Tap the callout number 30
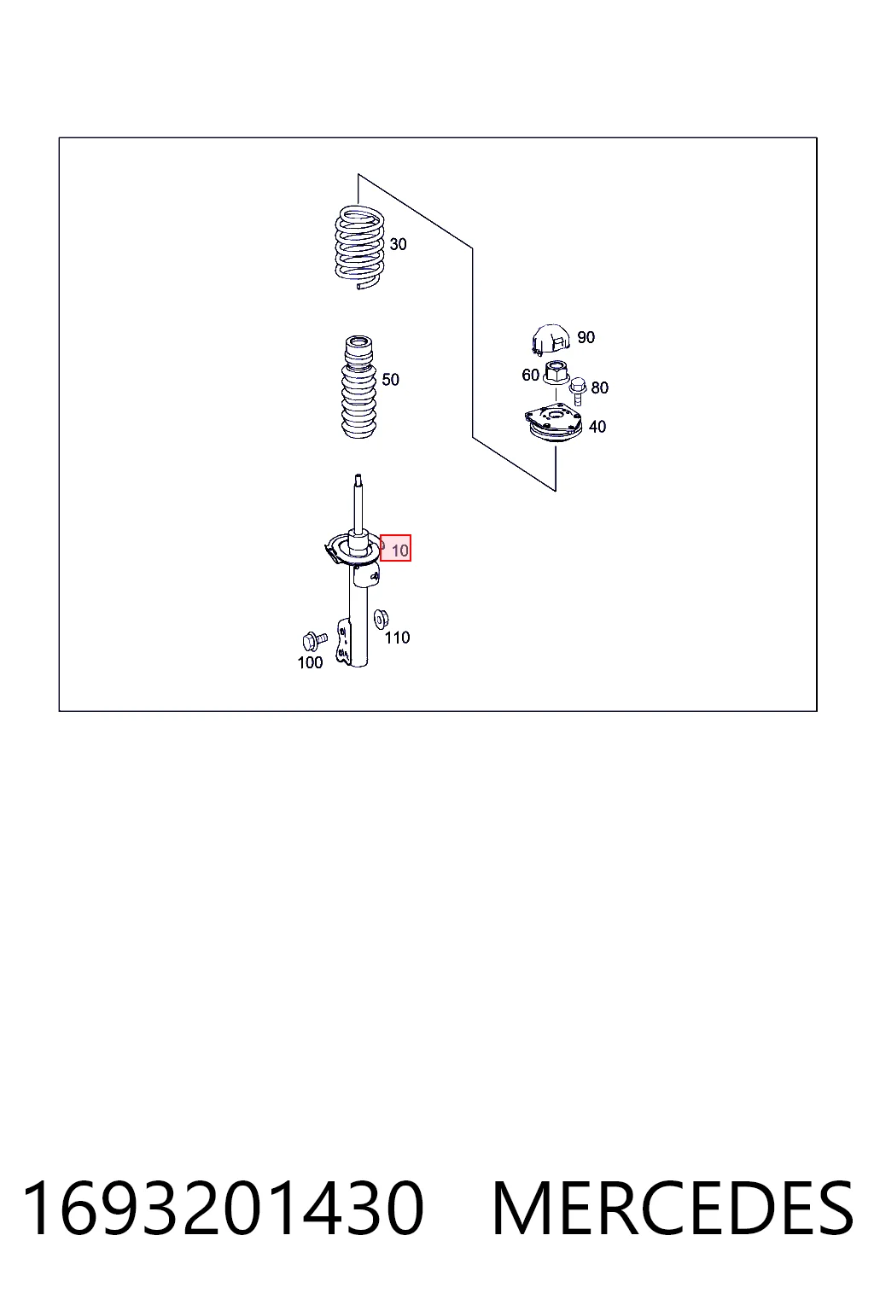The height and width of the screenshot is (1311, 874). pyautogui.click(x=398, y=244)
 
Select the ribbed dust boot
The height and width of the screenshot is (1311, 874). pyautogui.click(x=358, y=387)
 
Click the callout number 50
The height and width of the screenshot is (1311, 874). pyautogui.click(x=390, y=379)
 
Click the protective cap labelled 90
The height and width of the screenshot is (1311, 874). pyautogui.click(x=551, y=340)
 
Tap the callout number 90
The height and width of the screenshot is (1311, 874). pyautogui.click(x=586, y=337)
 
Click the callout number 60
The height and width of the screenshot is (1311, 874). pyautogui.click(x=530, y=375)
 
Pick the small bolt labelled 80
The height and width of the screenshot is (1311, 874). pyautogui.click(x=578, y=391)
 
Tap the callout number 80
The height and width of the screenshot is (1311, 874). pyautogui.click(x=599, y=387)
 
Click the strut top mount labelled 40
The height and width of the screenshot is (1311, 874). pyautogui.click(x=553, y=424)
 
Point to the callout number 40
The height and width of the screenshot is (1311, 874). pyautogui.click(x=597, y=427)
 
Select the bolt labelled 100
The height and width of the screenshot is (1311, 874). pyautogui.click(x=315, y=641)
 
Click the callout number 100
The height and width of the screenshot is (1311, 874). pyautogui.click(x=311, y=662)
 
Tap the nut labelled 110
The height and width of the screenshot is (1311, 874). pyautogui.click(x=382, y=618)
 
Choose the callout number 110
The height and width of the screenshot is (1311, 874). pyautogui.click(x=397, y=638)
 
